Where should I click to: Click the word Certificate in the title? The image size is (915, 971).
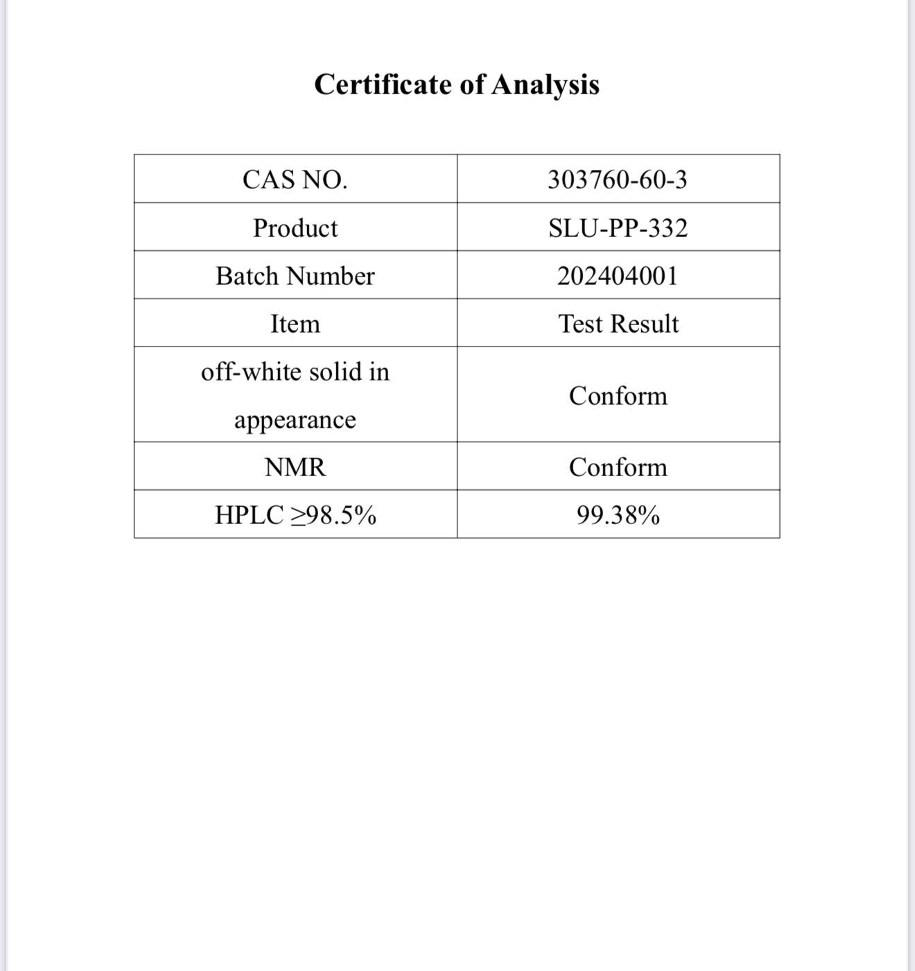pyautogui.click(x=383, y=85)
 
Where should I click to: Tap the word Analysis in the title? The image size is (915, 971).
pyautogui.click(x=546, y=85)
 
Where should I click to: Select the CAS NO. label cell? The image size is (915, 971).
pyautogui.click(x=295, y=180)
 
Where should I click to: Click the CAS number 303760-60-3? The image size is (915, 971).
pyautogui.click(x=618, y=180)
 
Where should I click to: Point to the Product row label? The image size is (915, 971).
pyautogui.click(x=295, y=228)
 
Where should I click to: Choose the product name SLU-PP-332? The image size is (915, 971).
pyautogui.click(x=618, y=228)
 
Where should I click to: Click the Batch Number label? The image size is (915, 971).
pyautogui.click(x=295, y=276)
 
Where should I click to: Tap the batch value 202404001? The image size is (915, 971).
pyautogui.click(x=618, y=276)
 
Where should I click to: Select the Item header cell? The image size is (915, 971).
pyautogui.click(x=295, y=324)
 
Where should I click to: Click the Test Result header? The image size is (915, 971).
pyautogui.click(x=618, y=324)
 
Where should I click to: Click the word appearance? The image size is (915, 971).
pyautogui.click(x=295, y=420)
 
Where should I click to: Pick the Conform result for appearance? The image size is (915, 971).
pyautogui.click(x=618, y=396)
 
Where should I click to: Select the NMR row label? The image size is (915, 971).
pyautogui.click(x=295, y=467)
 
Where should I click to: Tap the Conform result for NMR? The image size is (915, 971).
pyautogui.click(x=618, y=467)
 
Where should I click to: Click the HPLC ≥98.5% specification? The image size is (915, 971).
pyautogui.click(x=295, y=515)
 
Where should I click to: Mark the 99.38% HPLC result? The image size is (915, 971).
pyautogui.click(x=618, y=515)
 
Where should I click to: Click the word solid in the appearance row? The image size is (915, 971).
pyautogui.click(x=335, y=371)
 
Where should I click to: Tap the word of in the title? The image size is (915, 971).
pyautogui.click(x=472, y=85)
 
